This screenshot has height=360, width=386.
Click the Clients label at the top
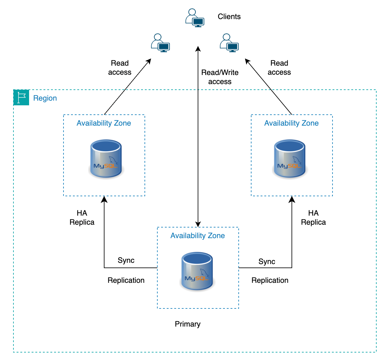tap(229, 17)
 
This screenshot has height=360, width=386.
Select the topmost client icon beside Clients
tap(195, 18)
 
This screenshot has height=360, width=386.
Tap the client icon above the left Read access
tap(160, 43)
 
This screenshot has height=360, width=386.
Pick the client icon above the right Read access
tap(229, 43)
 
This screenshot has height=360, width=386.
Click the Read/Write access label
tap(220, 77)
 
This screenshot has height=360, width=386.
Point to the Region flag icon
tap(21, 97)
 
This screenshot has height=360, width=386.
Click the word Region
tap(45, 98)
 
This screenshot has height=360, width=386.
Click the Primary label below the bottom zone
tap(187, 324)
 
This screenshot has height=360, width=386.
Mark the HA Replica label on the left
tap(82, 217)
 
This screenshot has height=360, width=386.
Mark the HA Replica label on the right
tap(313, 217)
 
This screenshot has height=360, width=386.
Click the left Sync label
tap(126, 260)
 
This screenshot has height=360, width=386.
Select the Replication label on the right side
tap(270, 280)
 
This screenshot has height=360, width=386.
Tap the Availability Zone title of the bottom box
tap(197, 236)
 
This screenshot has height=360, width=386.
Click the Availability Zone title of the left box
tap(104, 123)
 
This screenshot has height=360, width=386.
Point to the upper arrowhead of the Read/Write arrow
tap(198, 49)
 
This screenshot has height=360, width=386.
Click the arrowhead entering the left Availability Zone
tap(104, 199)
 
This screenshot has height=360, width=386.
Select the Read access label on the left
tap(120, 67)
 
